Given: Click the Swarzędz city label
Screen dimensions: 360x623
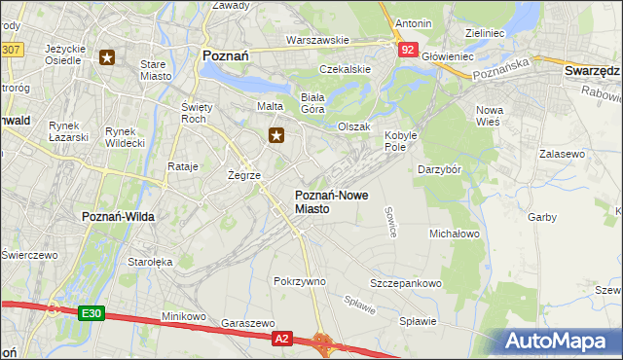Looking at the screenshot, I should (592, 72).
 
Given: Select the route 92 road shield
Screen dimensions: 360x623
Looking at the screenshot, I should (407, 50).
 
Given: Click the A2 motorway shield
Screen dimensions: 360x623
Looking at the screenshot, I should (281, 338).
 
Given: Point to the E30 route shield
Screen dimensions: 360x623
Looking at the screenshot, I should (92, 313).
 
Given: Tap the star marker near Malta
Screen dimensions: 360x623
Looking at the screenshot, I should (277, 135).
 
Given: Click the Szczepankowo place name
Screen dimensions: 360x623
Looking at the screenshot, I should (406, 283).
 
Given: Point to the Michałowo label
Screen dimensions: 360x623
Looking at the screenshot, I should (455, 234).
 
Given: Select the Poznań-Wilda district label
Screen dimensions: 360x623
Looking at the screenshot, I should (115, 216).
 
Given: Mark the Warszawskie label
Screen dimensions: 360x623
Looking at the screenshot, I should (317, 41).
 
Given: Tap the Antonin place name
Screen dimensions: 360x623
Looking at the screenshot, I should (414, 22).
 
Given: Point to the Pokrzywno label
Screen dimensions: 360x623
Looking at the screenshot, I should (299, 281).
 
